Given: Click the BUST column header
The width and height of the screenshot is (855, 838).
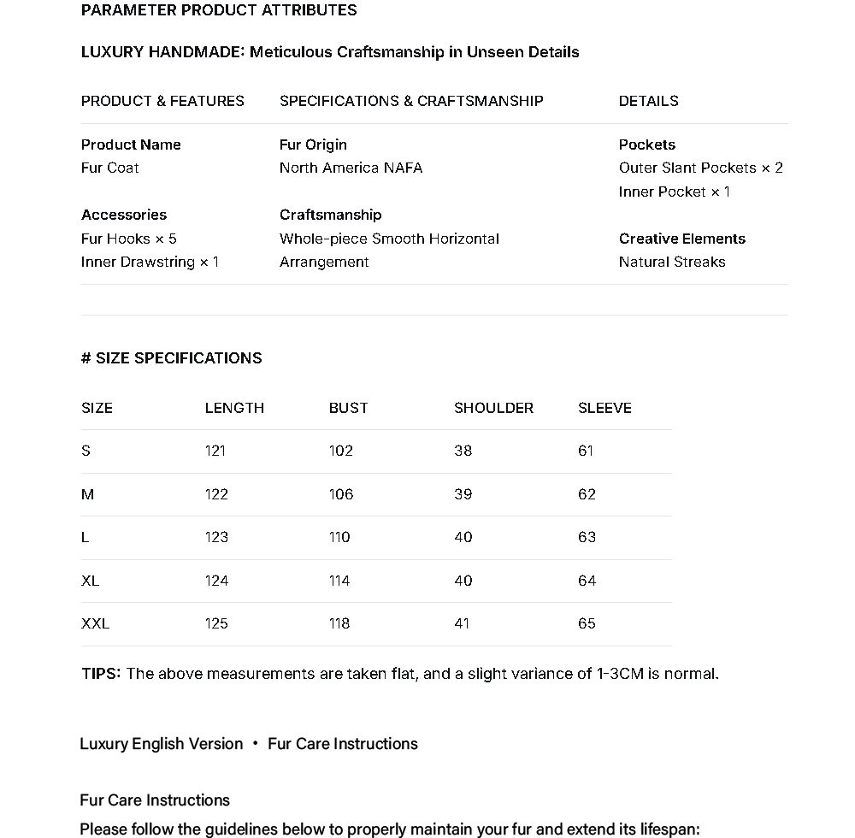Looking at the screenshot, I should pos(348,408).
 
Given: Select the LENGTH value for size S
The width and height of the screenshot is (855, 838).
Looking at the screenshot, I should pos(215,451).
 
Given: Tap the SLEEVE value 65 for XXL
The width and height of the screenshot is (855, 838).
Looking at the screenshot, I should pos(587,623).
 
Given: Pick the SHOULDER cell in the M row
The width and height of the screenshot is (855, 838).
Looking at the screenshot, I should pos(463,494).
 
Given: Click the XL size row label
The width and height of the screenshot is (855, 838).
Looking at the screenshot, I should pos(90,581).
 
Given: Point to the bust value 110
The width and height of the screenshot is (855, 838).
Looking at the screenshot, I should pos(339,537).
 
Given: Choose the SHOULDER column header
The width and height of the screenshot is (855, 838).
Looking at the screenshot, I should pos(493,408).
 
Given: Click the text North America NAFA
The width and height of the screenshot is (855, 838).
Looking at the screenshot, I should pos(351,168).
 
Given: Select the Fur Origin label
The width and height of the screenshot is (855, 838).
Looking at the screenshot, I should pos(313,145).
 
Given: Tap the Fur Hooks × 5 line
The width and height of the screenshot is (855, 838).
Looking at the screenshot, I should pos(129,239).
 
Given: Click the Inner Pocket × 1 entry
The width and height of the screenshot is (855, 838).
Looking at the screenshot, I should pos(675,192).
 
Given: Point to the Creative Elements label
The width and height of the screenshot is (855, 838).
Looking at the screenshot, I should pos(681,239).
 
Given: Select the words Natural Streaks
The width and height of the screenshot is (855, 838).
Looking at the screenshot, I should pos(672,262).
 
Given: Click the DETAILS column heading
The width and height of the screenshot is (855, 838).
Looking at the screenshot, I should pos(648,101).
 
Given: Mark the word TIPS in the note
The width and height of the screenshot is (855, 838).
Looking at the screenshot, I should pos(101,674).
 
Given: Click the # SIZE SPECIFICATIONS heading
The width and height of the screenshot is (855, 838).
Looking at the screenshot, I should pos(171,358).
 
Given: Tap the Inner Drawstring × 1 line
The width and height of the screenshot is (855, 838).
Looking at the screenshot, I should pos(150,262).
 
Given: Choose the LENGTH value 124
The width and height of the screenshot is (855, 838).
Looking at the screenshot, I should pos(216,581).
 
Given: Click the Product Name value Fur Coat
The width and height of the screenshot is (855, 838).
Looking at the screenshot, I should pos(109,168).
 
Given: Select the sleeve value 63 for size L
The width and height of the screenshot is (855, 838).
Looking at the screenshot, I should pos(587,537).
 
